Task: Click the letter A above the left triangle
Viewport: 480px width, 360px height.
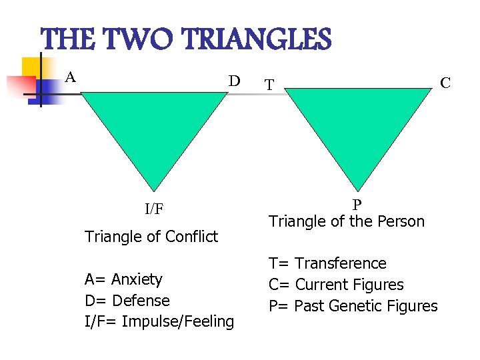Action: (x=70, y=77)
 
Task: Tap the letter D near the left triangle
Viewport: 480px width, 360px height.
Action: (x=234, y=81)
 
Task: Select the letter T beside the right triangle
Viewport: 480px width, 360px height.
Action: (x=269, y=85)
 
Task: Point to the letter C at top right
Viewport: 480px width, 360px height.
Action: (x=445, y=83)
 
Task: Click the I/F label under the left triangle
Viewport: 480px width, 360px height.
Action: (x=154, y=209)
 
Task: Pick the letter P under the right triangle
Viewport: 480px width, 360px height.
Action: (x=357, y=205)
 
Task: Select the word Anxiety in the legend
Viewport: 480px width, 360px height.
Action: (x=137, y=279)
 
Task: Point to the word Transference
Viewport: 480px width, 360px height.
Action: (x=340, y=263)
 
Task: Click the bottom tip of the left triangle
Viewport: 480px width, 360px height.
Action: (x=154, y=191)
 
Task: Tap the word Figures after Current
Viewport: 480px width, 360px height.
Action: (x=379, y=285)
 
